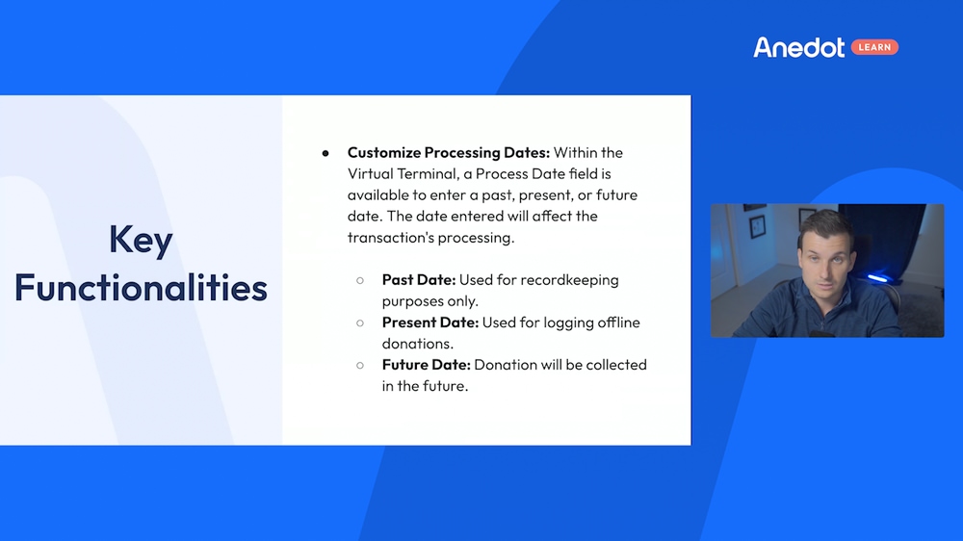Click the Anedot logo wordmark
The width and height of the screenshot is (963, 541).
pyautogui.click(x=798, y=47)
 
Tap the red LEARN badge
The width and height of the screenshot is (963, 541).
pyautogui.click(x=874, y=47)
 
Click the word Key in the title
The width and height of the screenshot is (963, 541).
pyautogui.click(x=141, y=241)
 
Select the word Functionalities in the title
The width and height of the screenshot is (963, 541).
pyautogui.click(x=141, y=287)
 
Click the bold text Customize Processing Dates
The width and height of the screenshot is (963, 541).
pyautogui.click(x=448, y=152)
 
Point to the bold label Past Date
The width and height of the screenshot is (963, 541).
pyautogui.click(x=418, y=279)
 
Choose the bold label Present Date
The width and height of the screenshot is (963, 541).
pyautogui.click(x=429, y=322)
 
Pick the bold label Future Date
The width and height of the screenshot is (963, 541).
pyautogui.click(x=426, y=364)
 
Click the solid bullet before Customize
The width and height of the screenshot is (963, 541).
pyautogui.click(x=325, y=153)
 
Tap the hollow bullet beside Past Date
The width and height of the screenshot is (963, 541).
pyautogui.click(x=360, y=280)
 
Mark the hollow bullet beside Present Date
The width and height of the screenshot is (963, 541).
pyautogui.click(x=360, y=322)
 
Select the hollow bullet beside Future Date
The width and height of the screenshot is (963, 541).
pyautogui.click(x=360, y=365)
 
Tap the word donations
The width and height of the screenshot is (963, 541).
pyautogui.click(x=416, y=343)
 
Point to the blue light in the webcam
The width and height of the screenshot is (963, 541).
pyautogui.click(x=876, y=278)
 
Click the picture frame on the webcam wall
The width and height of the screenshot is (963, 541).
pyautogui.click(x=758, y=225)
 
